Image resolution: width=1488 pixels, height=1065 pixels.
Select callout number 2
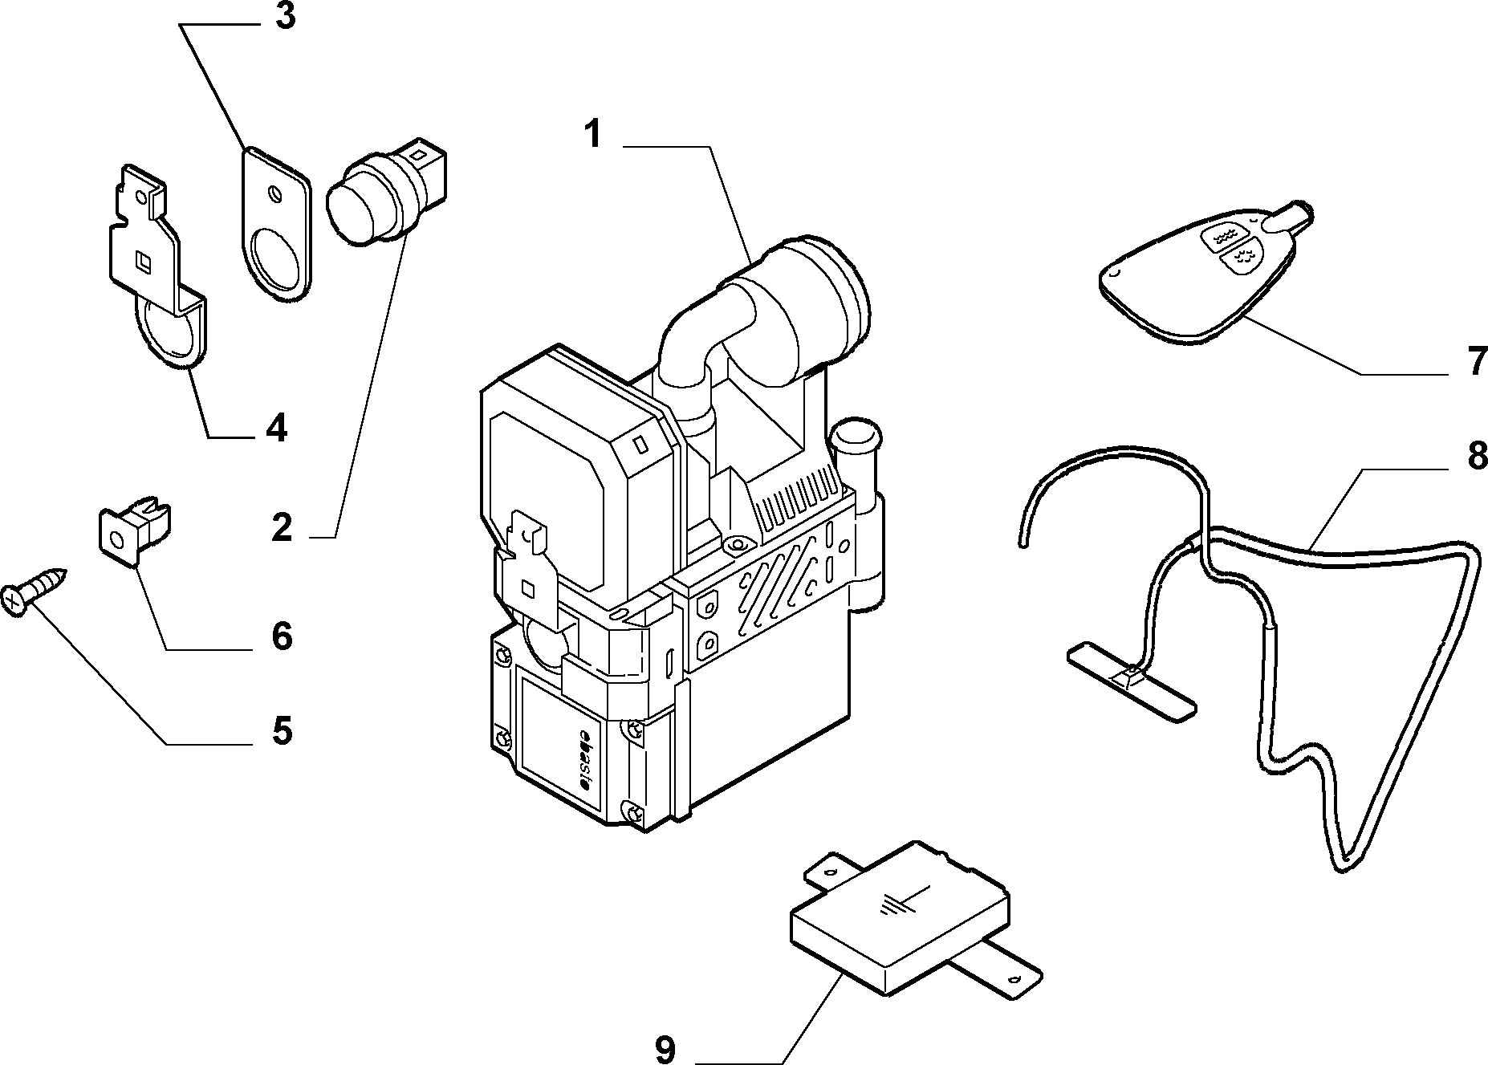coord(282,528)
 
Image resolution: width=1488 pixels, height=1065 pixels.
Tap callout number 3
coord(285,18)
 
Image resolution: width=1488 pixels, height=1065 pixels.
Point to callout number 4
coord(275,429)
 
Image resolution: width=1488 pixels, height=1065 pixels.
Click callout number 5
coord(282,730)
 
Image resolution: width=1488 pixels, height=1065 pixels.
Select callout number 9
coord(665,1048)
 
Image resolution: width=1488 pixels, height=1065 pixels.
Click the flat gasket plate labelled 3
coord(275,225)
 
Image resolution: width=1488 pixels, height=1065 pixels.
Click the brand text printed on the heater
coord(583,758)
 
